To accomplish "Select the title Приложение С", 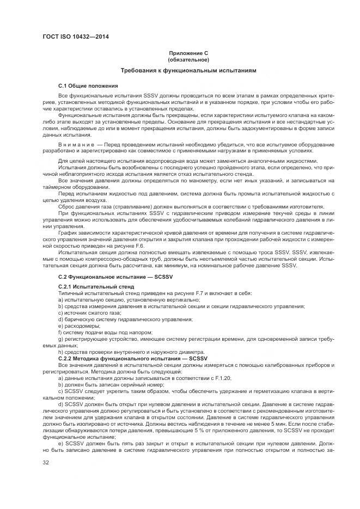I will point(188,53).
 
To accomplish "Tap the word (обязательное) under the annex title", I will point(188,59).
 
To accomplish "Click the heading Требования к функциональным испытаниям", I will point(188,71).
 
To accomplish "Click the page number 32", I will point(46,463).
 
